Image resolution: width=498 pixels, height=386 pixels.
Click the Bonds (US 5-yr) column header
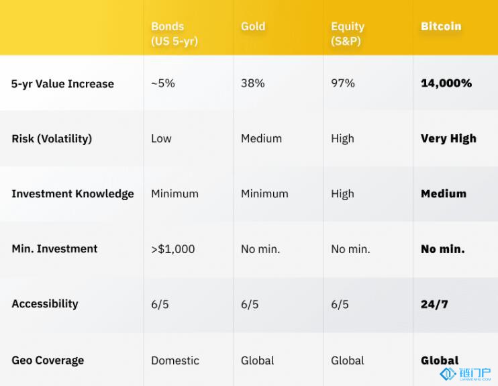coord(175,34)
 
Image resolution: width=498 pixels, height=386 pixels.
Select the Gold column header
coord(253,26)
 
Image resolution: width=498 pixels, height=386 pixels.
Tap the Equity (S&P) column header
coord(348,34)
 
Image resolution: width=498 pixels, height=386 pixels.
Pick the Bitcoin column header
coord(441,26)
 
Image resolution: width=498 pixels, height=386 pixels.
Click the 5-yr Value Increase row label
coord(62,83)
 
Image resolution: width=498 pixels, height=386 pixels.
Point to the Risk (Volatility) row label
coord(52,139)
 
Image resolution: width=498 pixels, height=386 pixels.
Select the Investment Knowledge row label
coord(72,194)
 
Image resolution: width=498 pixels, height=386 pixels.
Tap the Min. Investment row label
coord(54,249)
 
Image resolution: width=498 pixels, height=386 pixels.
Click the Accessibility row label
coord(45,304)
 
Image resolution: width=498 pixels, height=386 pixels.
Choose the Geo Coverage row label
coord(48,360)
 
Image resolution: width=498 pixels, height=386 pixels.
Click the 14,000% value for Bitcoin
coord(446,83)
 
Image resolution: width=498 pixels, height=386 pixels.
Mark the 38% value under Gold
coord(253,83)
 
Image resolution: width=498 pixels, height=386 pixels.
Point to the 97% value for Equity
coord(343,83)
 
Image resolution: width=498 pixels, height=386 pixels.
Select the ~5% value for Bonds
coord(163,83)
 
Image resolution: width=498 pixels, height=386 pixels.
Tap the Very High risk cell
coord(448,139)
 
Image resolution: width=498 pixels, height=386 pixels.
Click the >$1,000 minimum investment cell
coord(172,249)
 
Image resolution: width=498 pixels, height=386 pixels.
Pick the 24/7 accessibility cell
coord(434,304)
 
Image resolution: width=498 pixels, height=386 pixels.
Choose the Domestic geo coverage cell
coord(175,360)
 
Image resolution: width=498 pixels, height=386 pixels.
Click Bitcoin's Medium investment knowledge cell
coord(444,194)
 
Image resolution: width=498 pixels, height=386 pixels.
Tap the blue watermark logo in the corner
coord(465,374)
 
